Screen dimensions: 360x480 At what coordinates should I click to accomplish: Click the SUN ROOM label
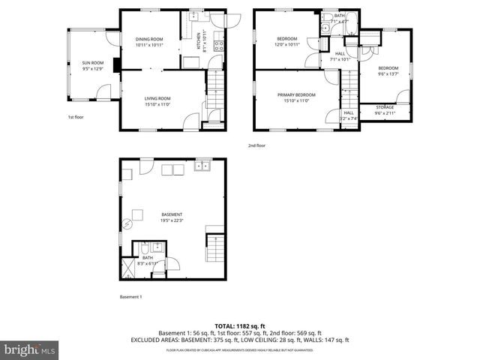[92, 63]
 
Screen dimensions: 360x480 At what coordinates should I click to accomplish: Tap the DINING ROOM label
[149, 39]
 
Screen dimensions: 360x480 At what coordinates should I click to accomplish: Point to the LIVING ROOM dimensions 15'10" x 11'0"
[158, 104]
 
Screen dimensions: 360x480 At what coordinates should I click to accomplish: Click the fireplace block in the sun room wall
[117, 64]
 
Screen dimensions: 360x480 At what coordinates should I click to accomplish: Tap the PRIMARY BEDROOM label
[296, 94]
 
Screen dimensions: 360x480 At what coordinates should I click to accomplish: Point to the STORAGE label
[385, 107]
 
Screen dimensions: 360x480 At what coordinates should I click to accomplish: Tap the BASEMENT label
[172, 214]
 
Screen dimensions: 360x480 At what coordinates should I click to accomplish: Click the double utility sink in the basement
[202, 167]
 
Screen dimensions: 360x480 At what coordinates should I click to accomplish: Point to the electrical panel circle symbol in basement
[127, 223]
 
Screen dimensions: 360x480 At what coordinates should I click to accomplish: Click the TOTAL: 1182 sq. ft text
[240, 326]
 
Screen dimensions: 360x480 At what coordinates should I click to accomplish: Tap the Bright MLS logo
[29, 349]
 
